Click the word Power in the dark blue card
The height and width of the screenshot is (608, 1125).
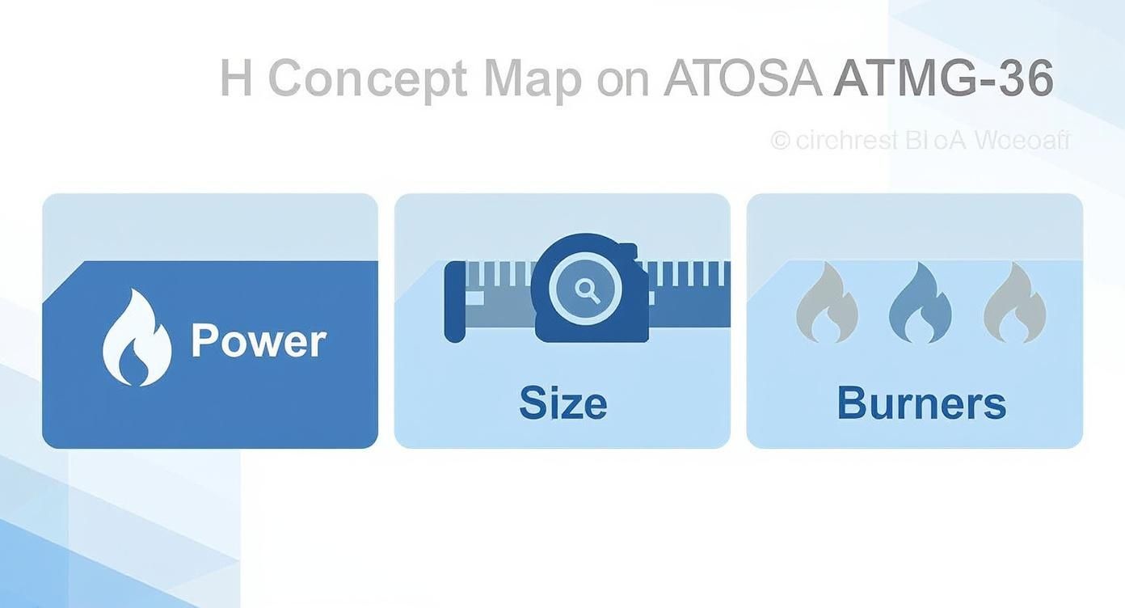[259, 341]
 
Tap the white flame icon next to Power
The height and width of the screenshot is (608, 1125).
[137, 338]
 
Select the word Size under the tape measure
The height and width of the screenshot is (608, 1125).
[562, 403]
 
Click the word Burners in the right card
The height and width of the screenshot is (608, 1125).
[921, 403]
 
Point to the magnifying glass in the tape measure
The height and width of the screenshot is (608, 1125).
[587, 290]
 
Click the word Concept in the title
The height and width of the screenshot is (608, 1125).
[368, 79]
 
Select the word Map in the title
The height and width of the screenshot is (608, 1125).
[533, 79]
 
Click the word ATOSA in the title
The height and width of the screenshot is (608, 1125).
[742, 79]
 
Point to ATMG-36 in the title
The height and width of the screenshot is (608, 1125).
[943, 79]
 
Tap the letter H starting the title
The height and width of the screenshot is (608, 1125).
[235, 79]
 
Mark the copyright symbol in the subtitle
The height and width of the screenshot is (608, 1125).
[780, 141]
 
